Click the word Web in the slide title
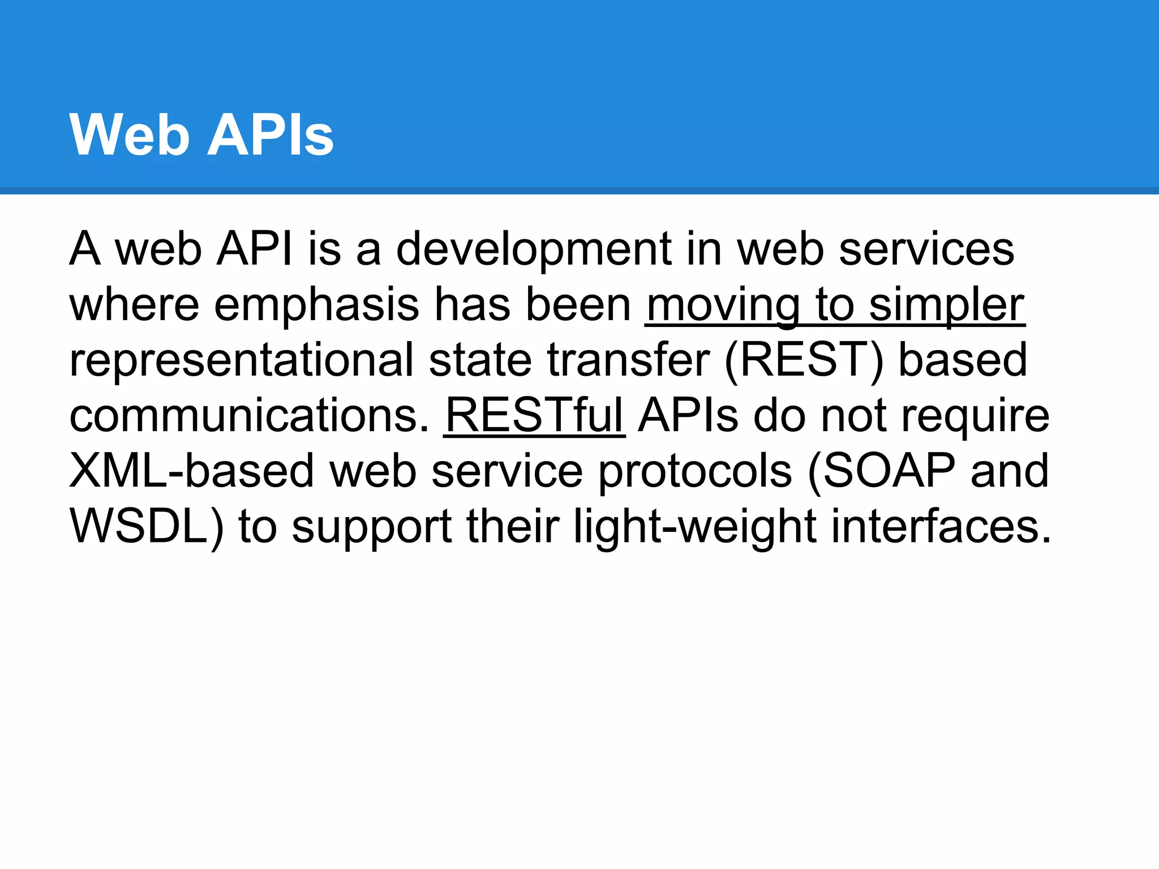tap(129, 135)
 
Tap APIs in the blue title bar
tap(271, 135)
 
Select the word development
tap(534, 250)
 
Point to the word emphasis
tap(317, 305)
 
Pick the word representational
tap(242, 360)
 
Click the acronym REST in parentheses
tap(804, 360)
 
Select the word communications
tap(249, 416)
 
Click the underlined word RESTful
tap(534, 416)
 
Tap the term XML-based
tap(192, 471)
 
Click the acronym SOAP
tap(888, 471)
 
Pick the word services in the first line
tap(926, 250)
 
